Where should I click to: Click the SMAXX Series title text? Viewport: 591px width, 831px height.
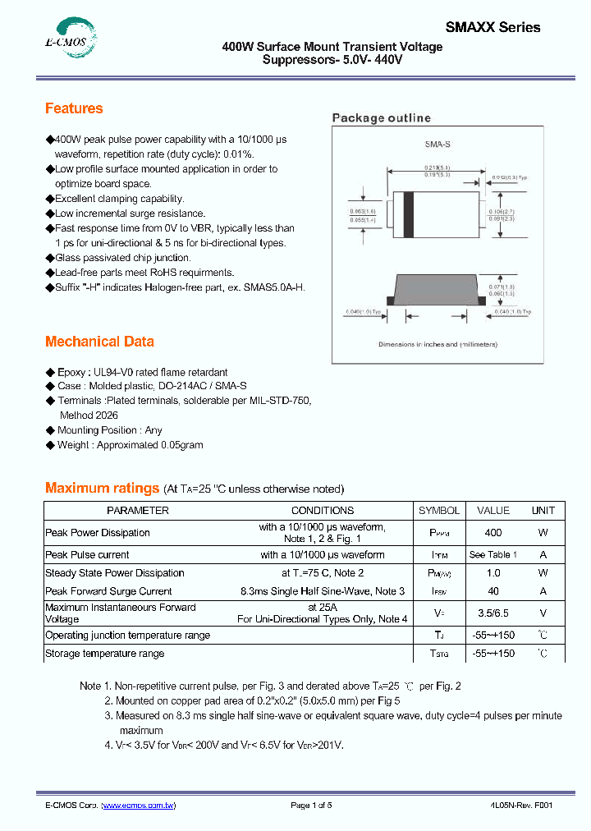(x=492, y=27)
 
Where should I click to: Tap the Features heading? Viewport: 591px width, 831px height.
(x=74, y=108)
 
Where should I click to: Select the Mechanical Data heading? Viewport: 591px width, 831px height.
(x=99, y=342)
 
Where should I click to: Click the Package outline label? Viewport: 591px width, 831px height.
(x=381, y=118)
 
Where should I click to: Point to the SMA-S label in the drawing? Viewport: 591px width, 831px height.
(x=437, y=144)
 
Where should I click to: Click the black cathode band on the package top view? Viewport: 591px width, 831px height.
(x=408, y=214)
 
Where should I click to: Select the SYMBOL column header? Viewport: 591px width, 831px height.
(x=439, y=510)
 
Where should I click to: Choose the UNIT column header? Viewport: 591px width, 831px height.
(x=543, y=510)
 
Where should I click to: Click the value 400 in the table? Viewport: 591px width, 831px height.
(x=492, y=532)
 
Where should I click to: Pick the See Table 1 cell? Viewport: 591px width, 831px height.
(x=492, y=554)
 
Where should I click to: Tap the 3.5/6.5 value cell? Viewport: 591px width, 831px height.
(x=492, y=613)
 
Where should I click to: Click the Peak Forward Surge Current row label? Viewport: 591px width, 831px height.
(x=108, y=591)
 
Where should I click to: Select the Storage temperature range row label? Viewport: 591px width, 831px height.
(x=104, y=654)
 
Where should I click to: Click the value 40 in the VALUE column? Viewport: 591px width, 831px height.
(x=492, y=591)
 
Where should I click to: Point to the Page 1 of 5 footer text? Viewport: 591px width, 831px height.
(x=311, y=806)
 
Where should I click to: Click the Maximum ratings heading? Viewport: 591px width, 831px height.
(x=102, y=488)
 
